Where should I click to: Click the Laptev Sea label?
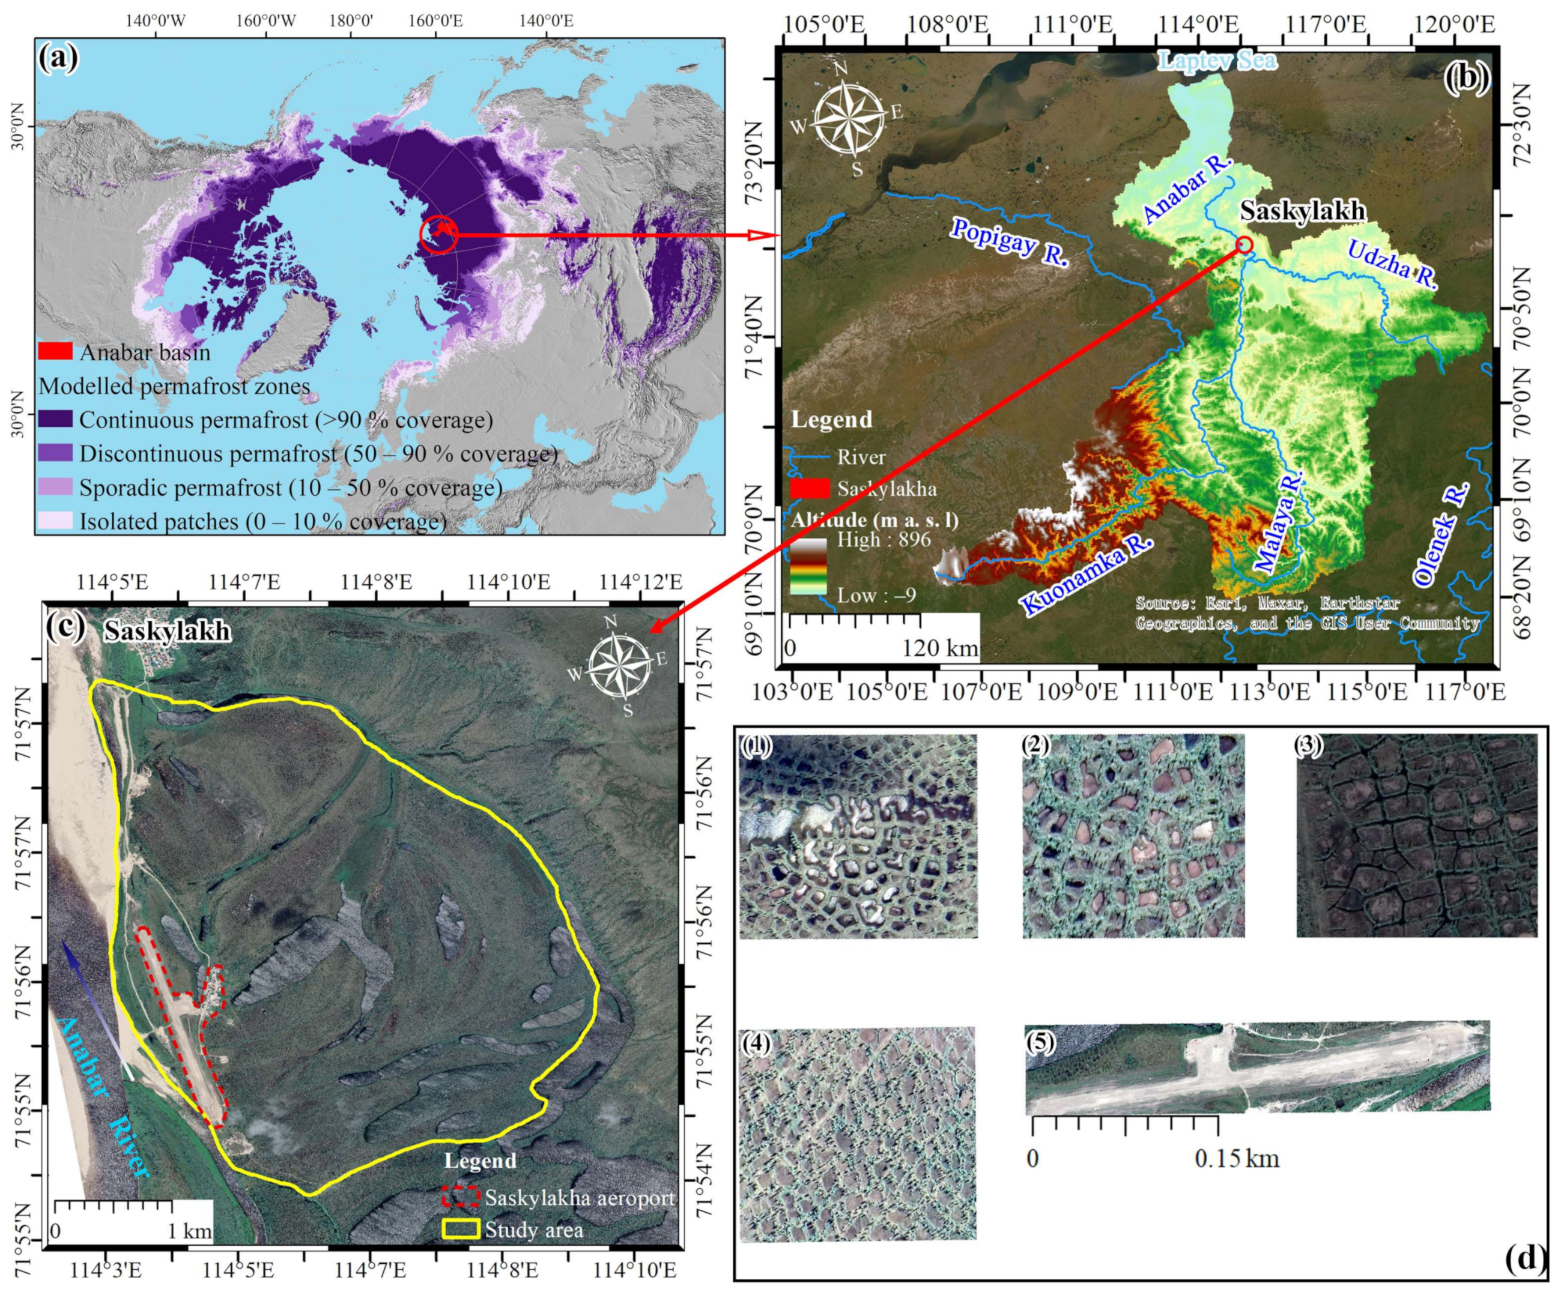pyautogui.click(x=1218, y=60)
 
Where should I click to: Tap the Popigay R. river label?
pyautogui.click(x=1009, y=242)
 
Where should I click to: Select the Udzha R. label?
pyautogui.click(x=1392, y=265)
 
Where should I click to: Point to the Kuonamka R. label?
pyautogui.click(x=1088, y=574)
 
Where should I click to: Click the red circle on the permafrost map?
pyautogui.click(x=438, y=234)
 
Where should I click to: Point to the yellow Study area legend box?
pyautogui.click(x=461, y=1229)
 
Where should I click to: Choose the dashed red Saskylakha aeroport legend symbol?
pyautogui.click(x=461, y=1197)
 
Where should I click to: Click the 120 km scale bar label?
pyautogui.click(x=939, y=647)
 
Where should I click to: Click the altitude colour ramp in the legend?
pyautogui.click(x=807, y=567)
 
